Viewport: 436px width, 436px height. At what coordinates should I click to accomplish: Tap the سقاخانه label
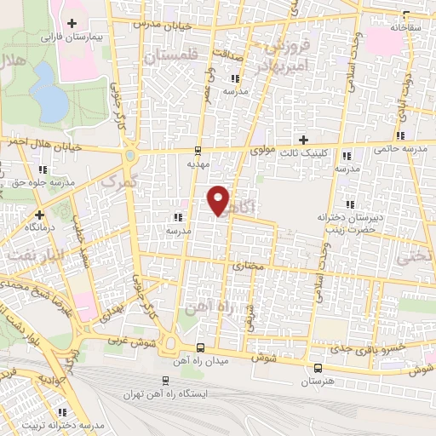406,27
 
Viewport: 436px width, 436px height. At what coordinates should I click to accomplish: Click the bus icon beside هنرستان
318,369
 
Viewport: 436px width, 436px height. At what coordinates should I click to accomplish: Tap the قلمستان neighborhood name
169,56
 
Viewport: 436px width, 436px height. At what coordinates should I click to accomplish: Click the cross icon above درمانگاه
39,215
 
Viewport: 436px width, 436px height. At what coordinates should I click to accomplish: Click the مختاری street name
250,267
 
